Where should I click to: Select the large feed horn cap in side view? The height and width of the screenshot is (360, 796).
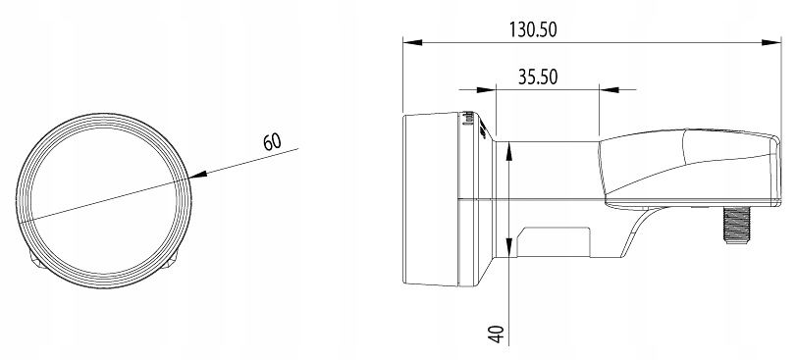tap(437, 199)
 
